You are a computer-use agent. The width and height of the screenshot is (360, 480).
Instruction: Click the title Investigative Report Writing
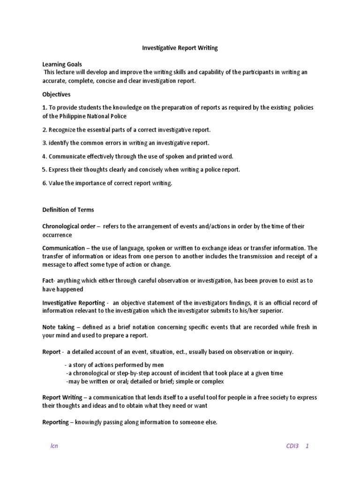coord(180,48)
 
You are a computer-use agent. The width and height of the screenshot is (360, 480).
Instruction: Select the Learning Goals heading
coord(62,64)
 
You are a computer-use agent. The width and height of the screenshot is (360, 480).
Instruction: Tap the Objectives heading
coord(56,94)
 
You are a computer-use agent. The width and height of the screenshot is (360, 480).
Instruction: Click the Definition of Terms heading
coord(68,210)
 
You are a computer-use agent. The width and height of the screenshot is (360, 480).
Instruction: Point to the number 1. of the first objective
coord(45,107)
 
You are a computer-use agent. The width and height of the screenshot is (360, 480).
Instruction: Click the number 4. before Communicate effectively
coord(45,156)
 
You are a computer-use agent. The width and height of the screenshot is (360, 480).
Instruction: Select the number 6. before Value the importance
coord(45,183)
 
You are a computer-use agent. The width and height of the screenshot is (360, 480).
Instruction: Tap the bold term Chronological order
coord(68,226)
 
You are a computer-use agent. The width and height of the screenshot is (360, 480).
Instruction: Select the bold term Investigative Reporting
coord(73,302)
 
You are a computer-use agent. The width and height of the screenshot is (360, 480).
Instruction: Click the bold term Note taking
coord(59,327)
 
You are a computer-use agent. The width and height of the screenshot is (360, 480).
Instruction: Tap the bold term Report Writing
coord(62,397)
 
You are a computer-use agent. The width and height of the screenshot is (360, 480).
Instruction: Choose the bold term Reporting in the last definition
coord(55,422)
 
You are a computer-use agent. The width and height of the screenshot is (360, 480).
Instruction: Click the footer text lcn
coord(54,446)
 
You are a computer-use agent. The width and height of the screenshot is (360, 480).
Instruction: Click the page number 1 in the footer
coord(307,446)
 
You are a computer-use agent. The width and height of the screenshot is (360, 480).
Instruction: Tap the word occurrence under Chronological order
coord(57,234)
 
